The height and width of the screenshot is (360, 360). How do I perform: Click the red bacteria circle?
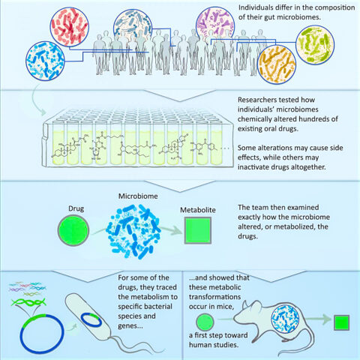[70, 27]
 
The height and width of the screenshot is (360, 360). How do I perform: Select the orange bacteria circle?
[277, 64]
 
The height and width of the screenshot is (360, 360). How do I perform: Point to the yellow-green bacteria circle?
[315, 45]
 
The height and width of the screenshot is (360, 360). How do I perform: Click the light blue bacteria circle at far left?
[45, 61]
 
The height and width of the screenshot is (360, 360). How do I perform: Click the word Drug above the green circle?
[76, 208]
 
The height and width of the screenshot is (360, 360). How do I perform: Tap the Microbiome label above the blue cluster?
[138, 196]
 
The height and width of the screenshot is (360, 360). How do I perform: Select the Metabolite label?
[198, 210]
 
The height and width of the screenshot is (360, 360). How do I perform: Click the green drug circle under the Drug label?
[73, 230]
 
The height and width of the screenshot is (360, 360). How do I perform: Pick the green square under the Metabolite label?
[198, 230]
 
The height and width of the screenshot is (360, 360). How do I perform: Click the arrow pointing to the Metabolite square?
[171, 230]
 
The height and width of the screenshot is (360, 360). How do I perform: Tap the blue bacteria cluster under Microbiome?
[133, 231]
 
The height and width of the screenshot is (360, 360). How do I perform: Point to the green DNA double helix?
[28, 302]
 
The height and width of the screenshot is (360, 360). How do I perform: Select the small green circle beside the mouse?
[205, 322]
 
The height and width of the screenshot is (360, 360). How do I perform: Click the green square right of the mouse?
[341, 322]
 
